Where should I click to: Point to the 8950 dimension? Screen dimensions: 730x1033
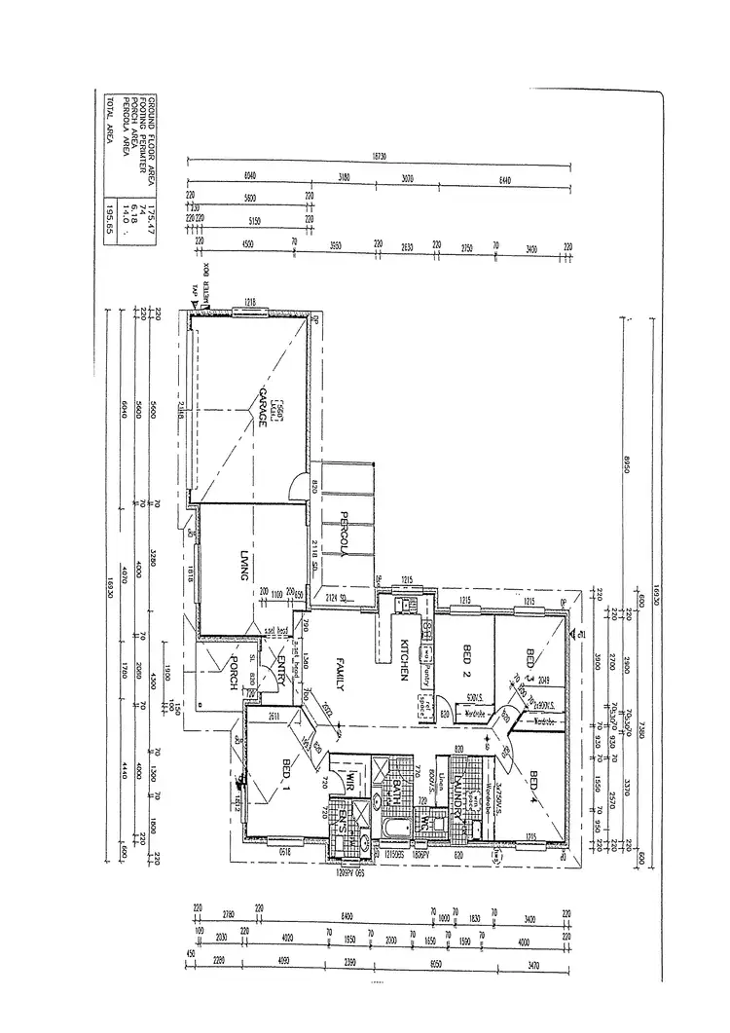pos(616,467)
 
